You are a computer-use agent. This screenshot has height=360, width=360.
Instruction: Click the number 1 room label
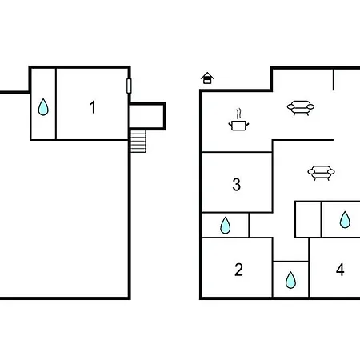coord(93,107)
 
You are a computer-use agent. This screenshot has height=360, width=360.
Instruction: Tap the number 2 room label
coord(238,270)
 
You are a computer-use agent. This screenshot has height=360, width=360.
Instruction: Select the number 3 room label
coord(237,185)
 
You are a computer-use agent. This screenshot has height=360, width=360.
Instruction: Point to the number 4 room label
coord(340,270)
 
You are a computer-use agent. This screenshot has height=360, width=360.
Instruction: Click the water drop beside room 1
coord(43,107)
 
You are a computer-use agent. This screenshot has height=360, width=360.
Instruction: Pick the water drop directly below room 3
coord(226,226)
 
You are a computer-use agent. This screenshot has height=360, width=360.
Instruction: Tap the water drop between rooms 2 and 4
coord(290,280)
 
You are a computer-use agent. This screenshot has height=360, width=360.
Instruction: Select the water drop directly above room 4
coord(345,220)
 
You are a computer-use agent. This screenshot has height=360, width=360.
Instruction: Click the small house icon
coord(207,78)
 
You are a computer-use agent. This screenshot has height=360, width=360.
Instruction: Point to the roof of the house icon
coord(207,74)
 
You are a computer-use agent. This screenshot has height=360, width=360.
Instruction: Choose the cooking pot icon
coord(238,126)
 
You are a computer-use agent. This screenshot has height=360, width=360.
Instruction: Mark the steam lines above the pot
coord(239,114)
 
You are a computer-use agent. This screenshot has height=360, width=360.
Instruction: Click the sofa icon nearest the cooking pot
coord(301,108)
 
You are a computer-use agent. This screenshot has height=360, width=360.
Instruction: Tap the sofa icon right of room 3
coord(321,173)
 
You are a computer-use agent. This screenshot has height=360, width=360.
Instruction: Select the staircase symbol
coord(138,141)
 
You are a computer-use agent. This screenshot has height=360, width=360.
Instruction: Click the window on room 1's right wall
coord(129,86)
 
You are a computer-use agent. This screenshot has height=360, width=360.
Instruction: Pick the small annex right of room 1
coord(147,116)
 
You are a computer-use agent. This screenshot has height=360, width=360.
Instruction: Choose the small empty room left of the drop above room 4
coord(308,219)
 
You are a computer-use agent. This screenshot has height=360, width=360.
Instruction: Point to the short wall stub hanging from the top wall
coord(334,79)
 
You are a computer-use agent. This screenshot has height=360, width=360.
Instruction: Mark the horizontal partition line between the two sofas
coord(302,140)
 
